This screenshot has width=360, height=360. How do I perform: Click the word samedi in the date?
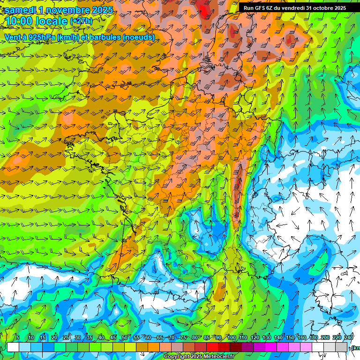coord(22,10)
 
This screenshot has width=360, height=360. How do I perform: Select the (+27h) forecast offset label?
coord(81,21)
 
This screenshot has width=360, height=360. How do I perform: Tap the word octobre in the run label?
coord(321,8)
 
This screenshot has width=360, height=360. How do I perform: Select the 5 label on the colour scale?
coord(18,338)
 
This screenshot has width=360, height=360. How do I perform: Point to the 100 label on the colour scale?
coord(231,338)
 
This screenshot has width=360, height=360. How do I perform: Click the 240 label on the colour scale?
coord(349,338)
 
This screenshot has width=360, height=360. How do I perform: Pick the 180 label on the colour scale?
coord(314,338)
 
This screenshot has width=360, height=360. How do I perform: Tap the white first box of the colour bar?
coord(13,347)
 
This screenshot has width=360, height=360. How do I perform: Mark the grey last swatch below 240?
coord(342,347)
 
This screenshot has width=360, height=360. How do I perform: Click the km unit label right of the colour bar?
coord(356,347)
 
